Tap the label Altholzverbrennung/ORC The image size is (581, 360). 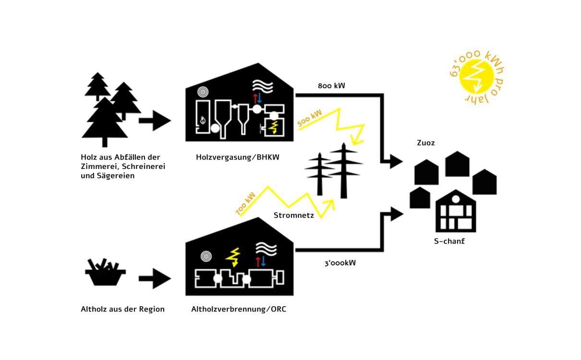[x=239, y=309]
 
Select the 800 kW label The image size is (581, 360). [x=331, y=86]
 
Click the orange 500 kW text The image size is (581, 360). [x=310, y=119]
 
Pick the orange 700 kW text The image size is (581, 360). [x=245, y=204]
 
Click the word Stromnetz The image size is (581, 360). [x=294, y=216]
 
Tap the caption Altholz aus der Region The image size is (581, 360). [x=122, y=309]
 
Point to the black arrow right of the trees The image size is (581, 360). [x=154, y=120]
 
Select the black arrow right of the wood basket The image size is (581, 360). [x=154, y=278]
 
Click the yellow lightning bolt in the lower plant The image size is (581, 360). [x=234, y=257]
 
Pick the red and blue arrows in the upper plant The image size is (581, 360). [x=258, y=98]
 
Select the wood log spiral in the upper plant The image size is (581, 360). [x=204, y=92]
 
